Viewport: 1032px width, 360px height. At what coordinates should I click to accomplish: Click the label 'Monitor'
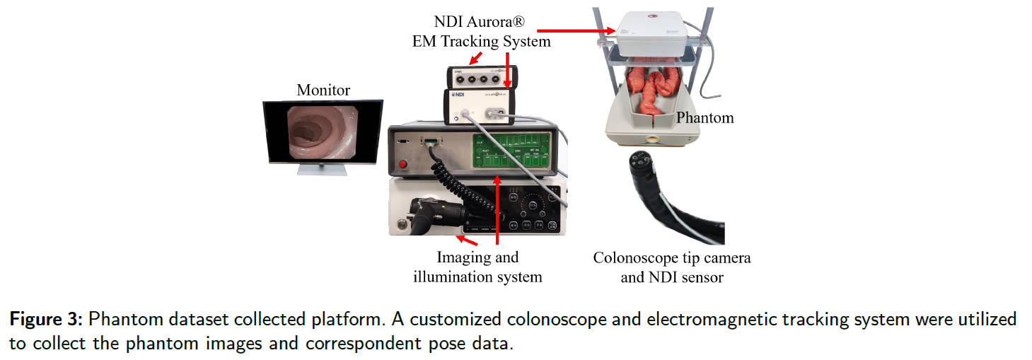[323, 90]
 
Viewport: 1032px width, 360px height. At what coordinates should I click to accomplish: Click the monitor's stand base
[323, 171]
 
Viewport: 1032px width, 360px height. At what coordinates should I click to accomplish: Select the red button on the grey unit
[404, 165]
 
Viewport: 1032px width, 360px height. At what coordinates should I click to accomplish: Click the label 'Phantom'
[705, 117]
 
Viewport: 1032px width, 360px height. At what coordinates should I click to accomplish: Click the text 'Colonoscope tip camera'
[672, 258]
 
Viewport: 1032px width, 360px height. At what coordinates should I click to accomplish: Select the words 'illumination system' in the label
[477, 277]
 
